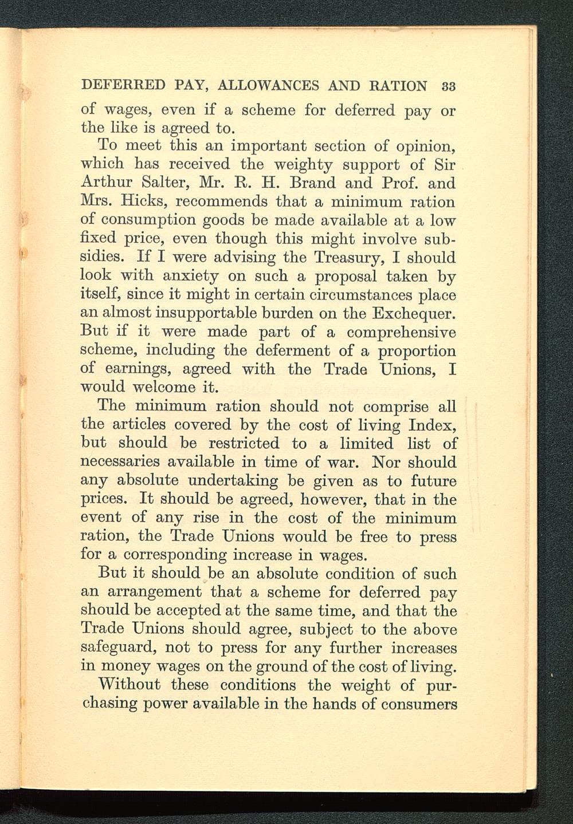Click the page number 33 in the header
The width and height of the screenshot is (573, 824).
pyautogui.click(x=448, y=86)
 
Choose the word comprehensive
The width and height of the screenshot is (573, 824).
pyautogui.click(x=401, y=333)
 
